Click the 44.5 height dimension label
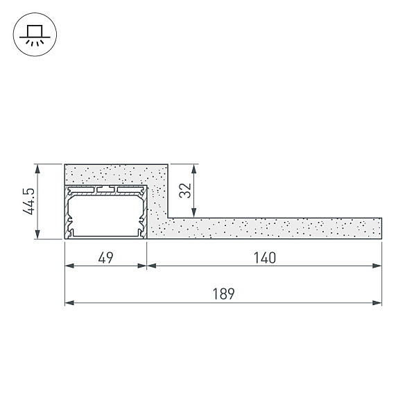coord(28,201)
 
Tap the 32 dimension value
coord(185,191)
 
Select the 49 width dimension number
coord(105,258)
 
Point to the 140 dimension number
coord(265,258)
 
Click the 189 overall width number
coord(224,294)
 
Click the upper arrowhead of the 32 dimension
coord(194,169)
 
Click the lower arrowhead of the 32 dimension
coord(194,213)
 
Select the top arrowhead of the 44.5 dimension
coord(37,169)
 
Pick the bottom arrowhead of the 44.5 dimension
coord(37,234)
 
